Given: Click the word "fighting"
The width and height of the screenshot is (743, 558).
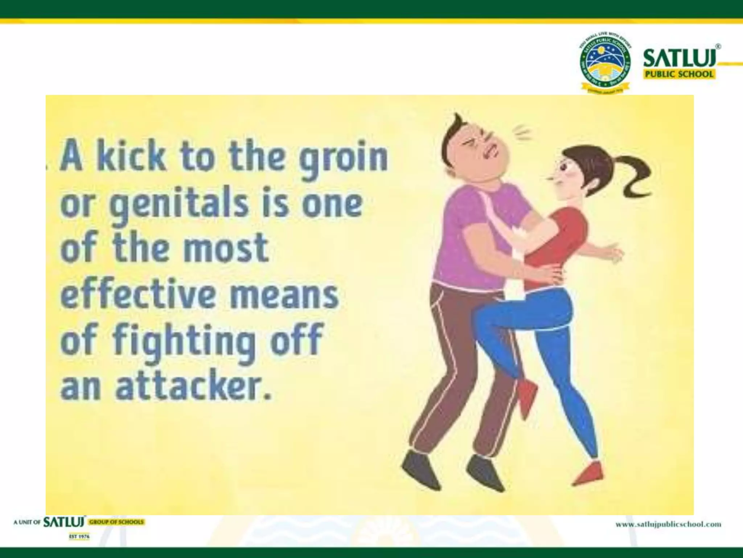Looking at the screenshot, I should click(184, 341).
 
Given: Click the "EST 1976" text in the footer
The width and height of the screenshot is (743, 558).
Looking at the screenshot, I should click(79, 537).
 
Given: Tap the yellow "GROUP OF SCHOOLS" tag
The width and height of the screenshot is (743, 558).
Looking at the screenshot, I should click(117, 522).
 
